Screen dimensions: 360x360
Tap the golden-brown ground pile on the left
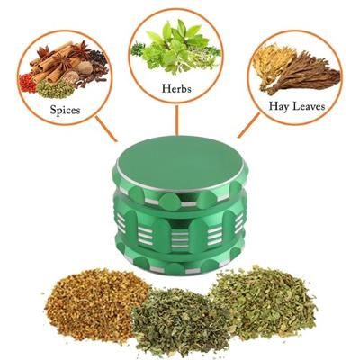86,301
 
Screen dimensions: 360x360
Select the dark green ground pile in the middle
180,319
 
